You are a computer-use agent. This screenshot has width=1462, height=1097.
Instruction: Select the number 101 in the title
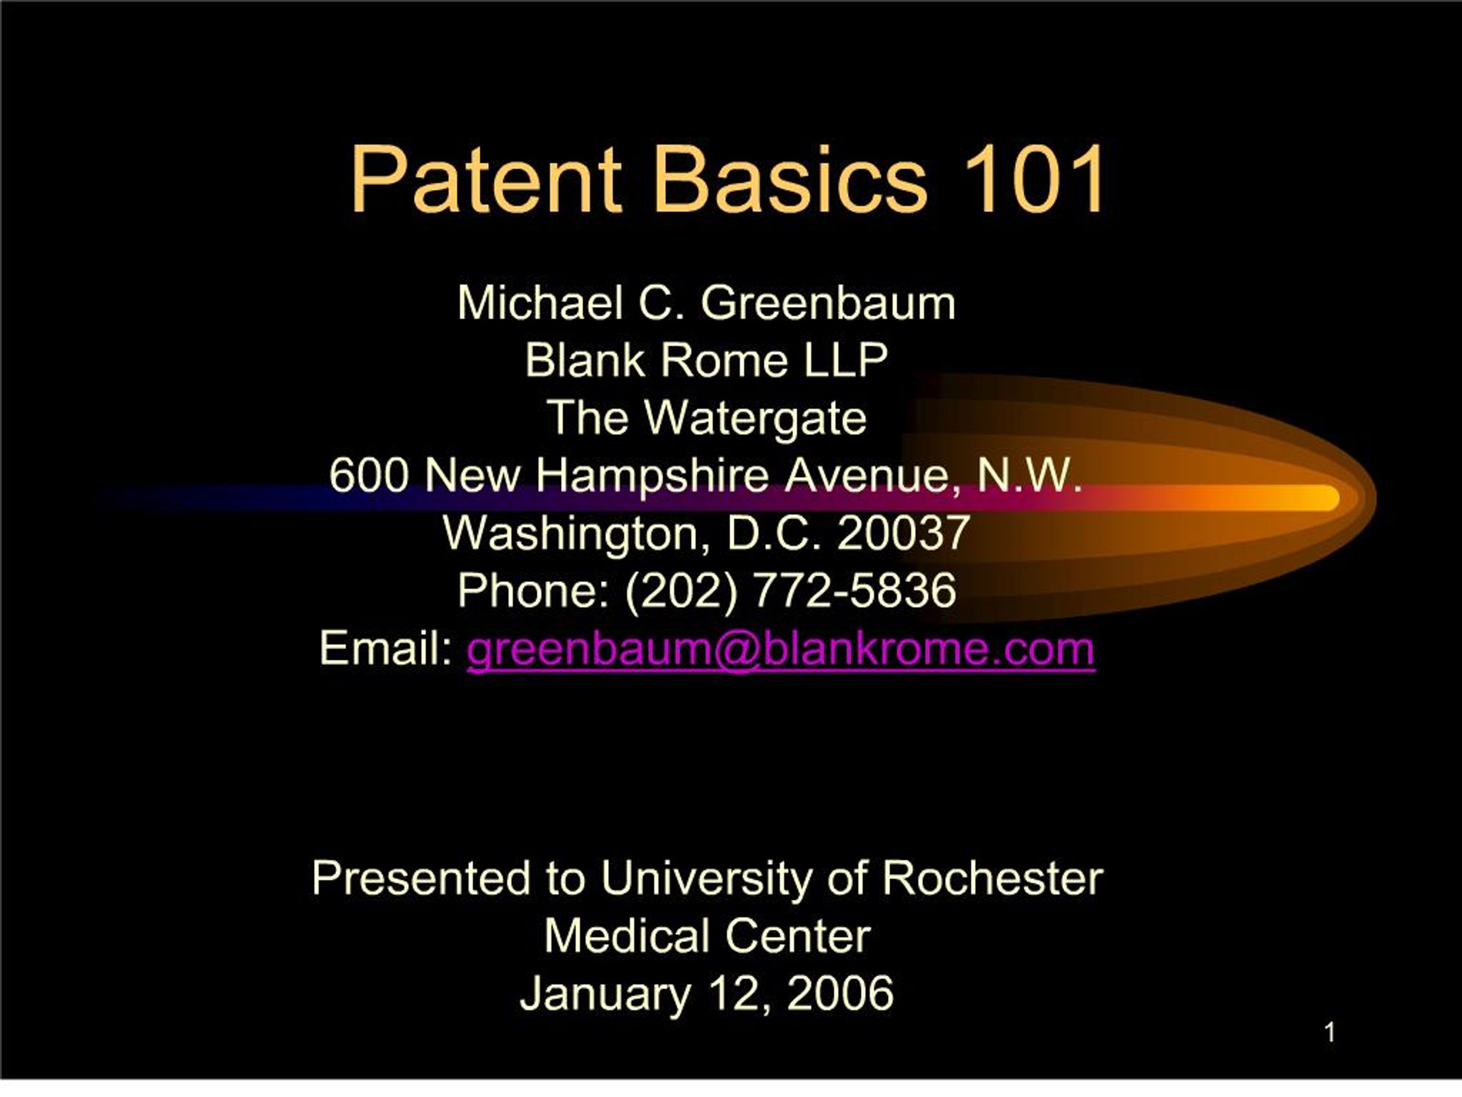click(1033, 180)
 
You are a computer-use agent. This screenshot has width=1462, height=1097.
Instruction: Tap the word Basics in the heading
click(790, 180)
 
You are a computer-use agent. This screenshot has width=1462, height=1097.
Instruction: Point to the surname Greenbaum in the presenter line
click(828, 303)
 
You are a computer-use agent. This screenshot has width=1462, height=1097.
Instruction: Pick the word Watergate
click(755, 419)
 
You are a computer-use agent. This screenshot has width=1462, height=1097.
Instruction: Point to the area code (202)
click(680, 590)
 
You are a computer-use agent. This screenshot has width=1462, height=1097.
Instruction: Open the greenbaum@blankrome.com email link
click(781, 649)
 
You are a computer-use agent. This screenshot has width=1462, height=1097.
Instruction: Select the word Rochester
click(992, 879)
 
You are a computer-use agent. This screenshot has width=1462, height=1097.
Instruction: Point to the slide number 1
click(1330, 1033)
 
